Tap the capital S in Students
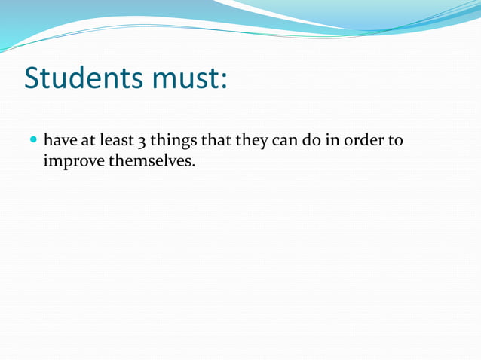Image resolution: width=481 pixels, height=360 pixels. click(33, 78)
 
